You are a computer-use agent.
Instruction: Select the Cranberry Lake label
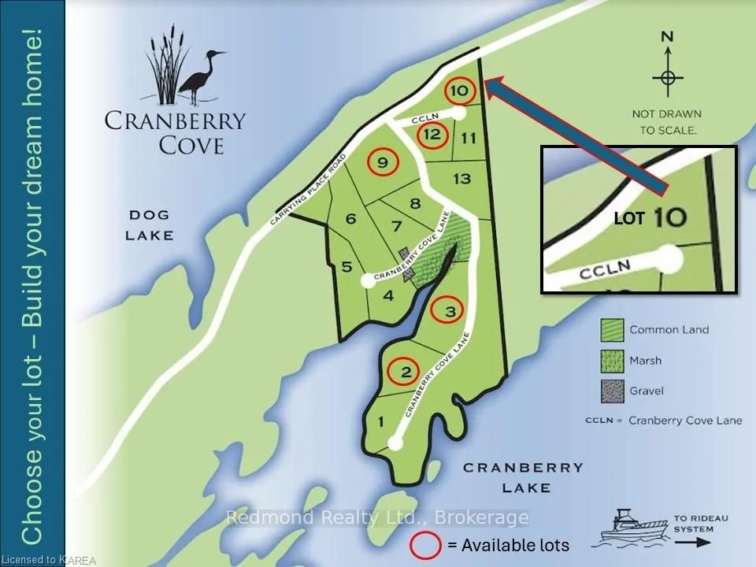(x=523, y=477)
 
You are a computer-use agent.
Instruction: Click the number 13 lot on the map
(x=461, y=179)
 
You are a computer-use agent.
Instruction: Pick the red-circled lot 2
(x=406, y=372)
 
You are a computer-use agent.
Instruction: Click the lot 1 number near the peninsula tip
(x=381, y=422)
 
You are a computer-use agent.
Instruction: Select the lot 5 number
(x=346, y=267)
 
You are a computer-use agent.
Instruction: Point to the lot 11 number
(x=469, y=139)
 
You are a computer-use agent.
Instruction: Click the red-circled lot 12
(x=431, y=134)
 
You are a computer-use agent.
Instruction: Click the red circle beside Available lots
(x=424, y=544)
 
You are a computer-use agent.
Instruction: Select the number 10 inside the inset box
(x=669, y=217)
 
